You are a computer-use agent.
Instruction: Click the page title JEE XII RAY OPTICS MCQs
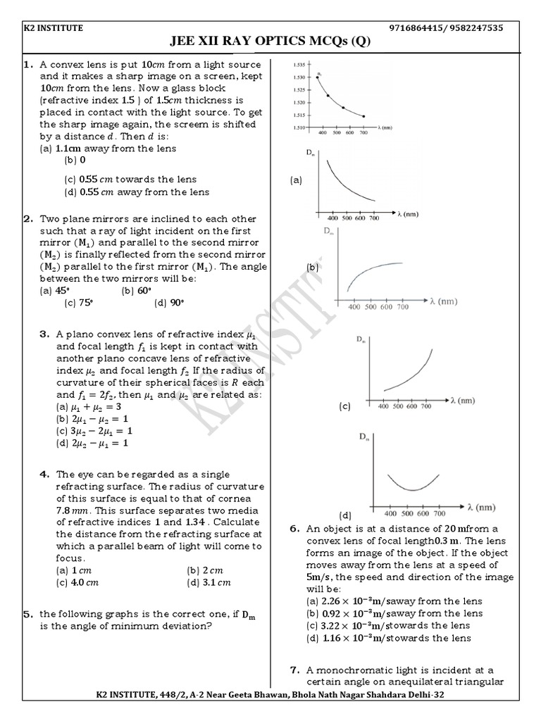click(x=270, y=42)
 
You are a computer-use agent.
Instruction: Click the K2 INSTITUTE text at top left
click(x=51, y=28)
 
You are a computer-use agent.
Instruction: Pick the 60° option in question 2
click(x=137, y=290)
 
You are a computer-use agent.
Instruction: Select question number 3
click(x=44, y=334)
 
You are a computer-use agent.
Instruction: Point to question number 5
click(x=30, y=614)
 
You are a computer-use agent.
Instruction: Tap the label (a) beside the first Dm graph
click(x=296, y=180)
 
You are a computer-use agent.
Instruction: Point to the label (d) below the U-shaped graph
click(x=345, y=515)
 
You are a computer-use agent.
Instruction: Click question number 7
click(x=295, y=670)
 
